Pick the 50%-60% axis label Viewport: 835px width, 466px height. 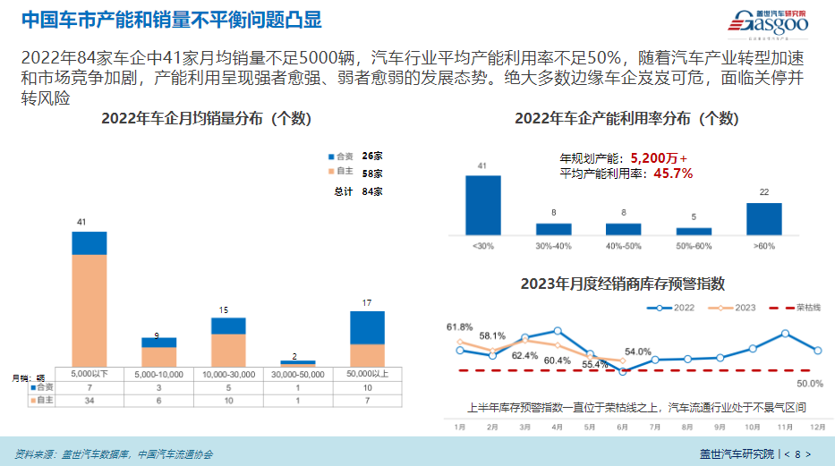point(694,245)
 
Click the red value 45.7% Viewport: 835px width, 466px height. point(674,174)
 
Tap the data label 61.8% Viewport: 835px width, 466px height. point(459,326)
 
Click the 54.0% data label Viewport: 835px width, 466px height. point(637,352)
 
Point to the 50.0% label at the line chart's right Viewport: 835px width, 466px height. point(809,384)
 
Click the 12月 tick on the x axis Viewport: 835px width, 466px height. point(816,428)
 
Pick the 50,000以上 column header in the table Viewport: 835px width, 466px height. point(367,374)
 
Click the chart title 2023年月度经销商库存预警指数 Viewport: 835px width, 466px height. point(622,284)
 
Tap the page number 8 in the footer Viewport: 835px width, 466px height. point(797,453)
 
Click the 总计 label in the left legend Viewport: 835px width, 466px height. point(342,191)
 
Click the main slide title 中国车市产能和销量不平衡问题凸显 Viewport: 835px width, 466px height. point(170,20)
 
